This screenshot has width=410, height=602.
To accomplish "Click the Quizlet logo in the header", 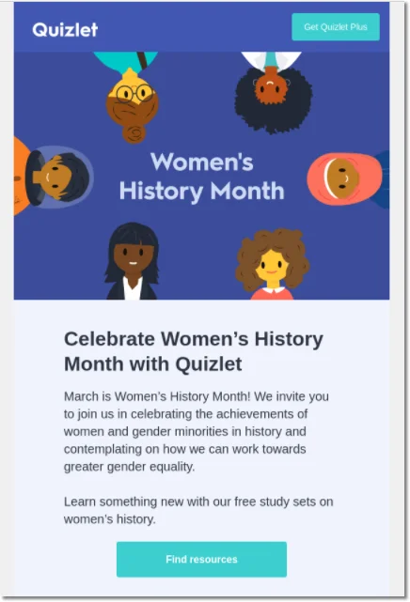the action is click(65, 29).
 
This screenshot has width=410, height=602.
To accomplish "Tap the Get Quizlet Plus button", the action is click(336, 27).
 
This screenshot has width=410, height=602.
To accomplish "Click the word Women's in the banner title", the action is click(202, 162).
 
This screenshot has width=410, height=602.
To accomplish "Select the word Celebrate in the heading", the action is click(109, 339).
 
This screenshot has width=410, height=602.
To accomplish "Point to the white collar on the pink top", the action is click(272, 290).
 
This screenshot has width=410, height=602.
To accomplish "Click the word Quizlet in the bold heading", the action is click(209, 364).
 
